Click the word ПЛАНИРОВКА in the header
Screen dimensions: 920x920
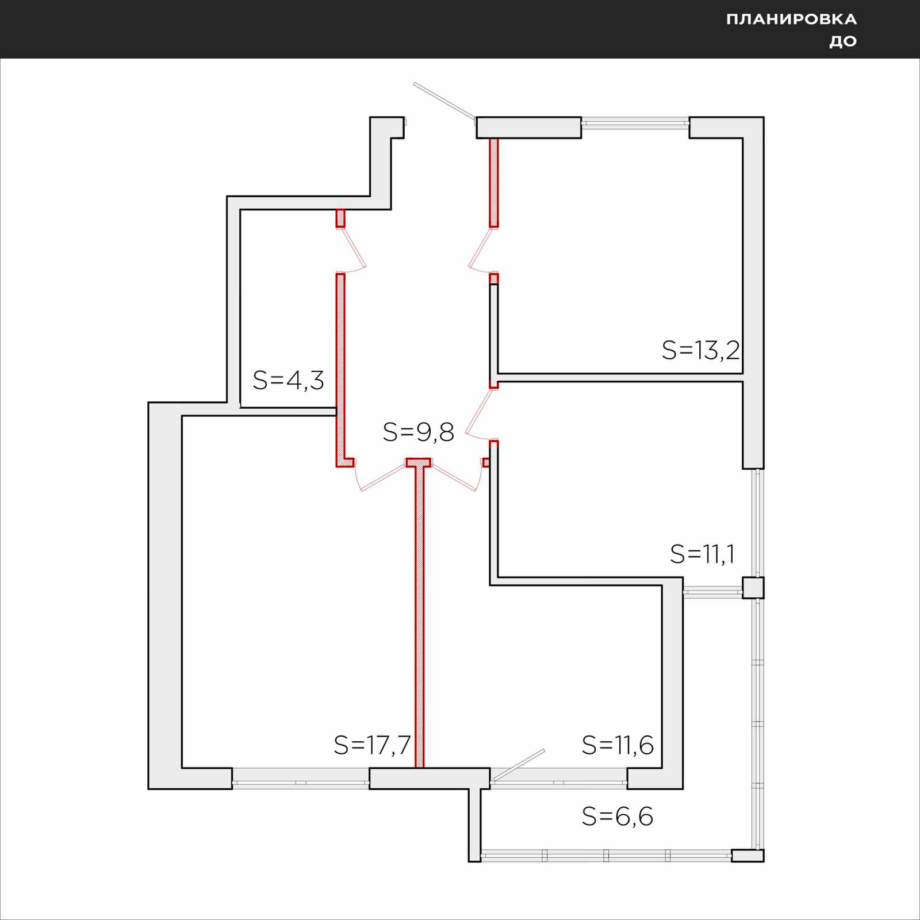pos(791,20)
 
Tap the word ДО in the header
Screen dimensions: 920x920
pos(843,41)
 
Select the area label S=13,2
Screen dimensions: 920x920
pos(700,350)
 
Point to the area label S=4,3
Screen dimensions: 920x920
pos(289,380)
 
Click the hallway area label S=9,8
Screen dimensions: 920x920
pos(419,432)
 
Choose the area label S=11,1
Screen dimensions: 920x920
pos(703,554)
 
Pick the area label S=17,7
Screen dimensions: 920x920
pos(372,745)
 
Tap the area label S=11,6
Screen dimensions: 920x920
pos(618,745)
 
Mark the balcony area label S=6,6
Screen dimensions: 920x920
pos(618,816)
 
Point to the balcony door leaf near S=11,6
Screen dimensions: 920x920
pos(518,765)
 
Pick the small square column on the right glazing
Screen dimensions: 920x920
pos(753,588)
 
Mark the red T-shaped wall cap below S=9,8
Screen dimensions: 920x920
pos(419,462)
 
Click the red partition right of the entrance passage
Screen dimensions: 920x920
pos(493,183)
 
